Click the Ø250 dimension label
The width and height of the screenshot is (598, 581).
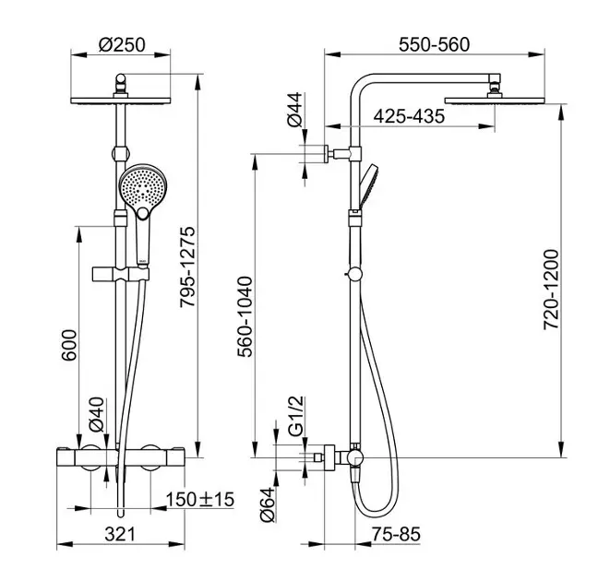122,44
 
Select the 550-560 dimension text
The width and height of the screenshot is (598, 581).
434,44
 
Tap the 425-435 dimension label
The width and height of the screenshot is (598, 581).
409,116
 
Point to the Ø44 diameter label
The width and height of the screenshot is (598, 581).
294,110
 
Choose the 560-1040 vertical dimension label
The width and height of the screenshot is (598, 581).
245,317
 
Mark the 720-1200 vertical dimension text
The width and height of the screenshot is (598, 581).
551,290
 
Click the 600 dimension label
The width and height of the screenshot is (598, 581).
69,345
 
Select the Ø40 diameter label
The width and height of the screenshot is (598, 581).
96,414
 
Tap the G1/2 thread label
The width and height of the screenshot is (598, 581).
296,416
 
